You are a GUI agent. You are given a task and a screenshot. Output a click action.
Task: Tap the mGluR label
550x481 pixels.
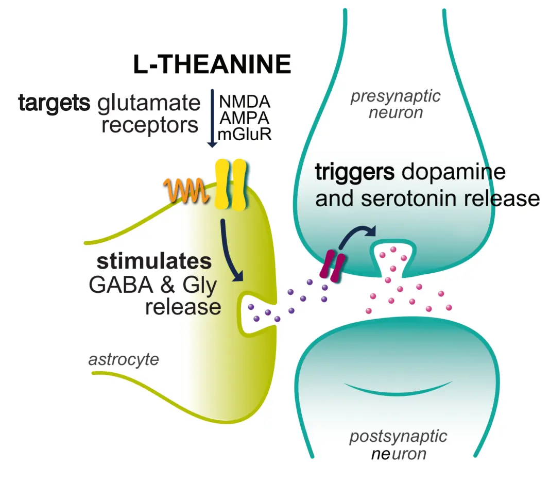coord(245,135)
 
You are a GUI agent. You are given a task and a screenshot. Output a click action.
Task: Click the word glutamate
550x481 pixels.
coord(148,104)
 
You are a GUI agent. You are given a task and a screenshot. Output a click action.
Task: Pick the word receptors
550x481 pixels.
coord(150,125)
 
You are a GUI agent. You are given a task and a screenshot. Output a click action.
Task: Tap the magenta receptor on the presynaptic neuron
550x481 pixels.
coord(332,265)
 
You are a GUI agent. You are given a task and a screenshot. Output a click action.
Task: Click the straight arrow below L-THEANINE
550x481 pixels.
coord(212,119)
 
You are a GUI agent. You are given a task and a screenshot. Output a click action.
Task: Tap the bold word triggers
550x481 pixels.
coord(355,173)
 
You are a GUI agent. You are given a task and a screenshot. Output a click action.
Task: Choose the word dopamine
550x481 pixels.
coord(454,173)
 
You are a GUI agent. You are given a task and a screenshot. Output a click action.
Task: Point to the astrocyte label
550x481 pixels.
coord(124,359)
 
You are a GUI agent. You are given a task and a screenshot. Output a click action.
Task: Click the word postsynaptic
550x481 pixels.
coord(398,437)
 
